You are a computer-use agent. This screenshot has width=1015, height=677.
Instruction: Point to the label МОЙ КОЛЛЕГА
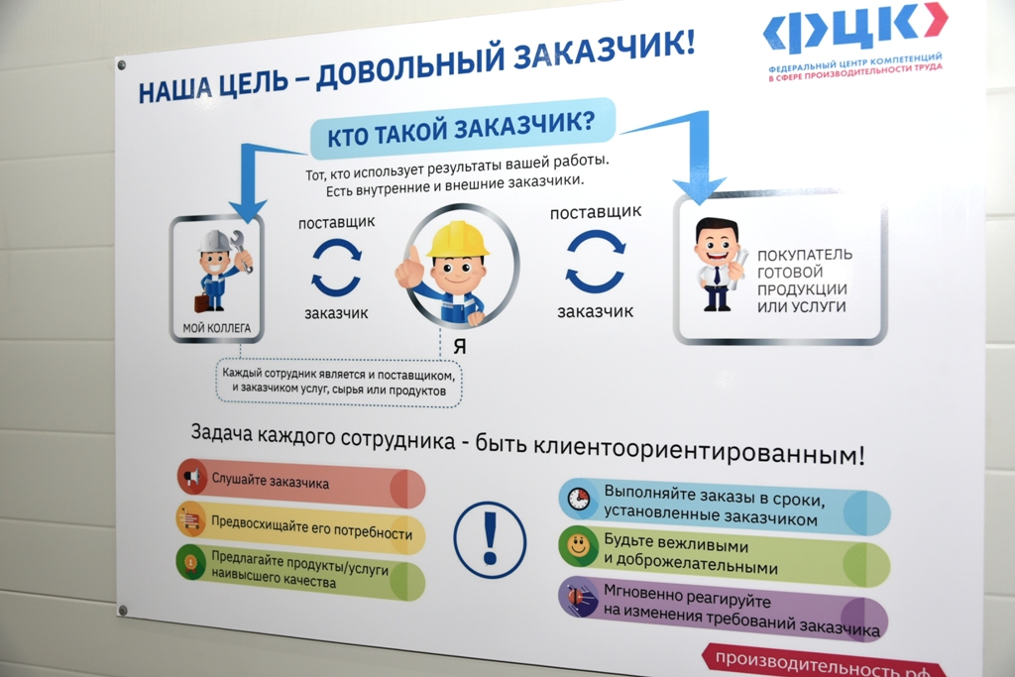point(216,328)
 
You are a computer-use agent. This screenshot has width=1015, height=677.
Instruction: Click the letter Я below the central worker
point(459,346)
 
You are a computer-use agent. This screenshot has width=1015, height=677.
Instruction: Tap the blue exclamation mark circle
point(490,540)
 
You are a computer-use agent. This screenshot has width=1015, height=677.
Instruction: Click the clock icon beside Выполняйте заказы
point(578,499)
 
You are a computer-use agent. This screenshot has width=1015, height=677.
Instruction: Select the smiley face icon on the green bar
point(578,545)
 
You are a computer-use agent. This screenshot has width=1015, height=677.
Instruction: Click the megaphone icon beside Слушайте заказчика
point(192,477)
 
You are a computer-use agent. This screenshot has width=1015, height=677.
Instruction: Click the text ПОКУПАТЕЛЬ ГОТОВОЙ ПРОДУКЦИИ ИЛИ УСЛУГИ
point(804,281)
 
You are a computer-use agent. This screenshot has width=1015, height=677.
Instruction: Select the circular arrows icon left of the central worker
point(336,267)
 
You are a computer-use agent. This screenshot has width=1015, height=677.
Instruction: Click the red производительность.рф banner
point(822,661)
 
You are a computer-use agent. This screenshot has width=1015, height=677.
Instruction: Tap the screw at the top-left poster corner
point(121,64)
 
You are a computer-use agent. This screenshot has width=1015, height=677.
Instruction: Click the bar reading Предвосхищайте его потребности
point(300,527)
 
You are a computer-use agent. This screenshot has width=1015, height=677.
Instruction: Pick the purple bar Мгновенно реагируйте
point(723,609)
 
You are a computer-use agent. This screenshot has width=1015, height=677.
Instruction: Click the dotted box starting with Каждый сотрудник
point(339,382)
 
